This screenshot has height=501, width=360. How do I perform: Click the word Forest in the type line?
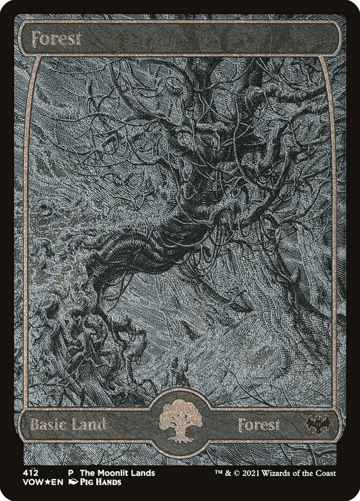259,426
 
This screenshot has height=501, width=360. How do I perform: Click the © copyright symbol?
237,473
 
